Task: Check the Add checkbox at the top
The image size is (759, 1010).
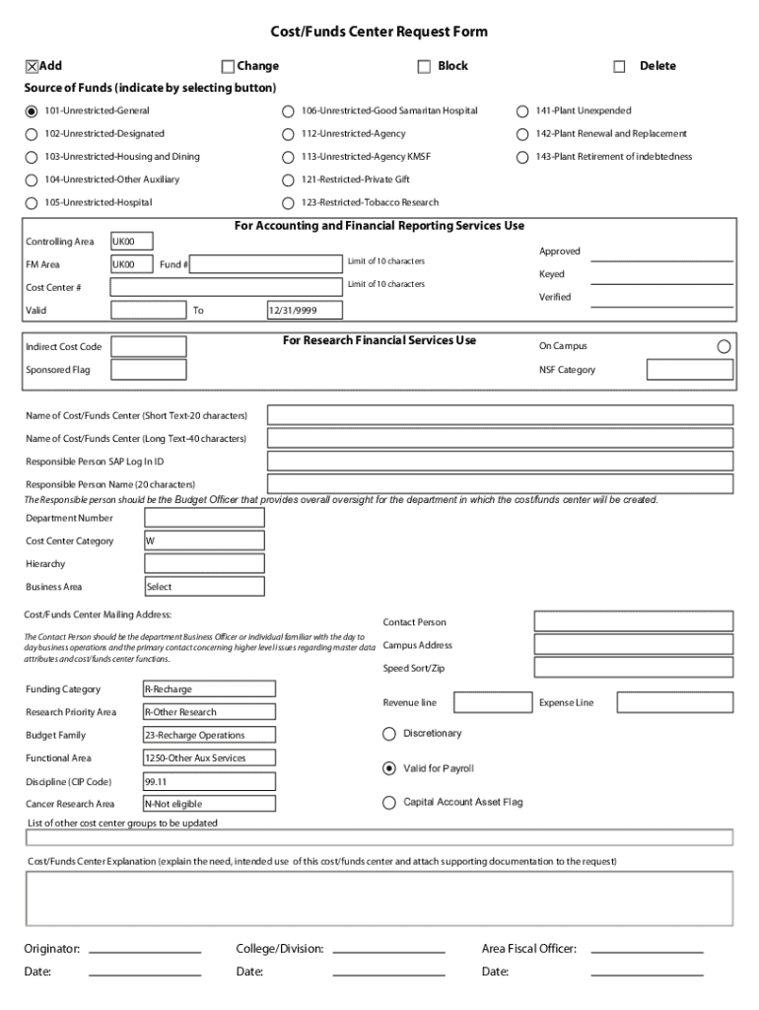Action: coord(32,66)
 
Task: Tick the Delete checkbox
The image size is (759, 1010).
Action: coord(619,67)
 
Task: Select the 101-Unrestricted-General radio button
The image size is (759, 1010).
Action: coord(32,111)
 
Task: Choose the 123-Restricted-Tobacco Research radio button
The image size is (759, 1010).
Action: coord(288,203)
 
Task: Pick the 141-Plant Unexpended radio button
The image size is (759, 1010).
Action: coord(522,111)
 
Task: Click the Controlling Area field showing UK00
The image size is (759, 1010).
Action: coord(131,241)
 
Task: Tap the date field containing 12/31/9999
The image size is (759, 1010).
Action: coord(305,311)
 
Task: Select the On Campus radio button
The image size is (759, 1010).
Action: coord(724,346)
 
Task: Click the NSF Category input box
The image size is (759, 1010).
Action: coord(690,370)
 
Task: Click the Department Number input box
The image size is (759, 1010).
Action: coord(204,518)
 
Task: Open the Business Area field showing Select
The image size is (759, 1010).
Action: coord(204,587)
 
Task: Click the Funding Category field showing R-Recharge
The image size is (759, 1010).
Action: coord(209,689)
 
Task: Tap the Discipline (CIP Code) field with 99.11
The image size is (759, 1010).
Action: coord(209,781)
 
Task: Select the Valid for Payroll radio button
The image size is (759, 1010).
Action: coord(388,768)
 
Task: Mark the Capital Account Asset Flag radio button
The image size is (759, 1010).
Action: coord(388,803)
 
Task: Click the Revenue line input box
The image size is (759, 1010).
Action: coord(488,702)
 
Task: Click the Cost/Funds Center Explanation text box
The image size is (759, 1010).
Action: coord(379,899)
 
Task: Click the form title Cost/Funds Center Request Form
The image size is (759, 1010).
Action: coord(379,32)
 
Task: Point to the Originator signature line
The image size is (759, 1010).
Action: coord(145,949)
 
